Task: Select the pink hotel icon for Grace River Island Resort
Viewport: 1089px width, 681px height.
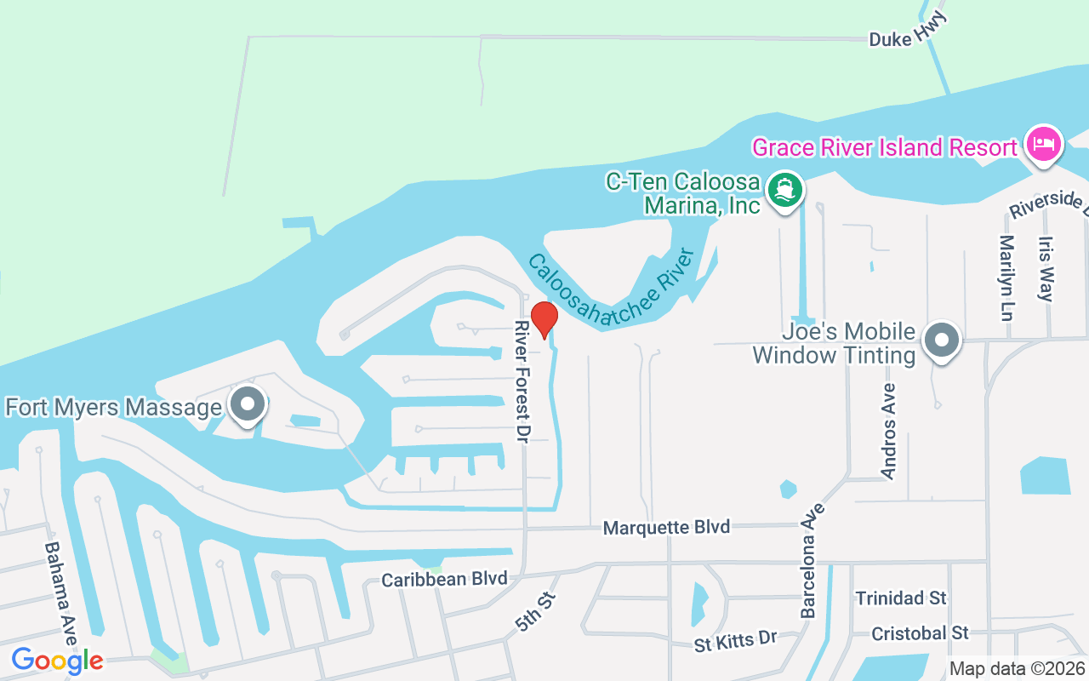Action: click(x=1043, y=144)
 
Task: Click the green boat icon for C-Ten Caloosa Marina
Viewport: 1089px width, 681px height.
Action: click(x=785, y=190)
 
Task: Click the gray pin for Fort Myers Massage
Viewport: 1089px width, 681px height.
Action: click(x=248, y=406)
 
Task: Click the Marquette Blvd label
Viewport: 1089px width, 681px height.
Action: click(x=666, y=528)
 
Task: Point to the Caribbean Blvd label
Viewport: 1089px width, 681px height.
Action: click(x=444, y=579)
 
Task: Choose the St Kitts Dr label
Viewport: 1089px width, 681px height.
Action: click(x=736, y=641)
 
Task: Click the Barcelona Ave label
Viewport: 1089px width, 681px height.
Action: click(x=813, y=560)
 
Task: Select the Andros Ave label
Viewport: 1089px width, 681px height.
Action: click(x=889, y=431)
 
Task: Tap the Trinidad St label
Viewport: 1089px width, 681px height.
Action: click(x=901, y=598)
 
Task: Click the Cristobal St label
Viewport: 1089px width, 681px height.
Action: click(x=920, y=633)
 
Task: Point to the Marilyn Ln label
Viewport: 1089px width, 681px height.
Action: click(x=1007, y=278)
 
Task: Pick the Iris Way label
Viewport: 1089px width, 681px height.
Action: click(x=1046, y=269)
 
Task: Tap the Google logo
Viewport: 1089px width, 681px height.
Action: click(x=57, y=660)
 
